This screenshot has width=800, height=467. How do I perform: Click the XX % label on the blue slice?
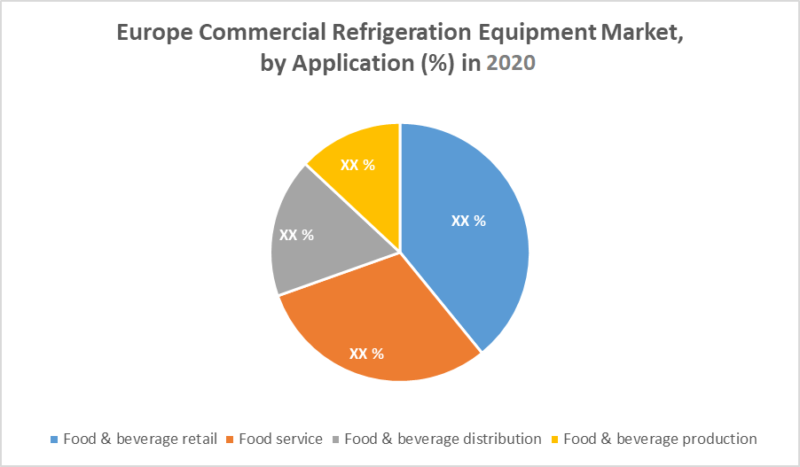pyautogui.click(x=468, y=221)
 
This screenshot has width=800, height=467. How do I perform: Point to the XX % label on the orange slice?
pyautogui.click(x=366, y=354)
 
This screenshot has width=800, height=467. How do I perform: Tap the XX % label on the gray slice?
pyautogui.click(x=297, y=235)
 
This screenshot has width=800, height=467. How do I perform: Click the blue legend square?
pyautogui.click(x=55, y=440)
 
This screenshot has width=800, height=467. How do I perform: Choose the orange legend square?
pyautogui.click(x=231, y=440)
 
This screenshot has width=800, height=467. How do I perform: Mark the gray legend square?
pyautogui.click(x=336, y=440)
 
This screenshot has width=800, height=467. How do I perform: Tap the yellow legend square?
pyautogui.click(x=555, y=440)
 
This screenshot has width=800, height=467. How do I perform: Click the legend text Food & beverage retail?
pyautogui.click(x=139, y=439)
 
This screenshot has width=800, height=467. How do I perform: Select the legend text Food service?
pyautogui.click(x=280, y=439)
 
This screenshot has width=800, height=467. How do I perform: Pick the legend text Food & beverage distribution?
pyautogui.click(x=443, y=439)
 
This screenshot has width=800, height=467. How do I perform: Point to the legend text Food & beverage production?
pyautogui.click(x=660, y=439)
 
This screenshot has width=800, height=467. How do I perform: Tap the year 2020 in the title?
pyautogui.click(x=511, y=64)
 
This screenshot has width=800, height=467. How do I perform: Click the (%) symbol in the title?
pyautogui.click(x=431, y=64)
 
